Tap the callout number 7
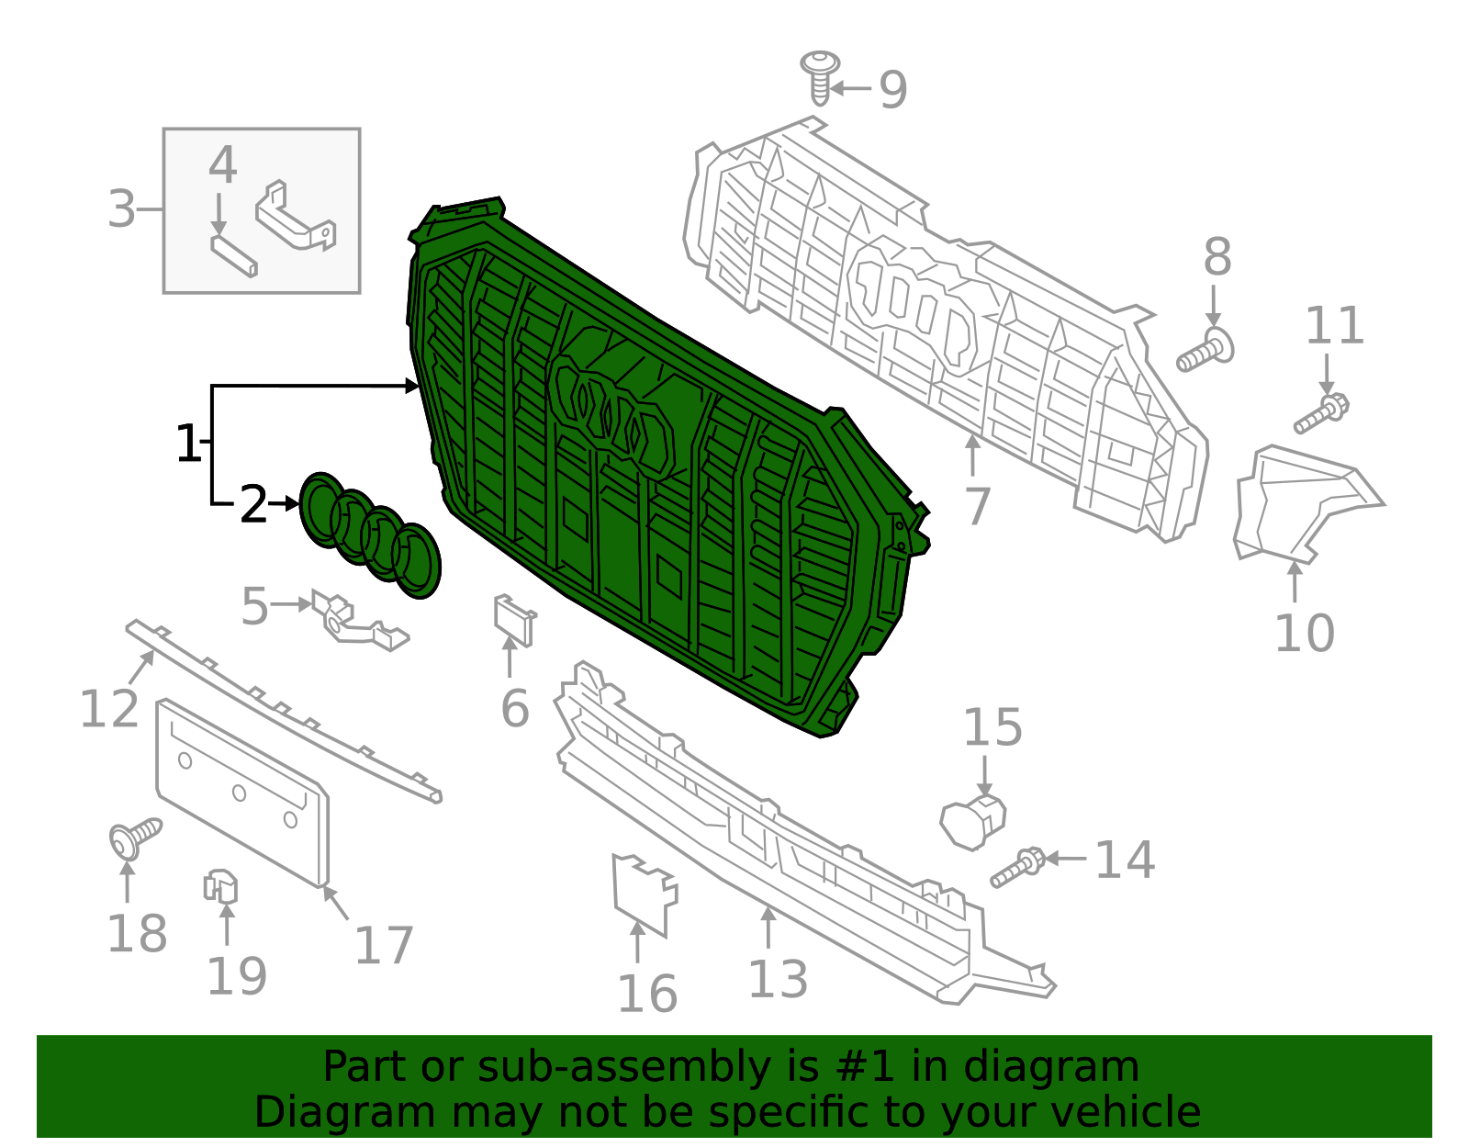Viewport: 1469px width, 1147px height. [978, 507]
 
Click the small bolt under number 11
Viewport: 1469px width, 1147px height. [1320, 414]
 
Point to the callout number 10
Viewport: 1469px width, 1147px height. [1304, 634]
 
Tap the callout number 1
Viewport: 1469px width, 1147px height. [187, 444]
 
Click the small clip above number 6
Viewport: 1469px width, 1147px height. [514, 618]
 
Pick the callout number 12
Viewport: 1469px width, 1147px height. [109, 709]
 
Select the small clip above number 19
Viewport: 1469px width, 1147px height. [220, 886]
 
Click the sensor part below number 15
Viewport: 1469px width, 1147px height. [972, 821]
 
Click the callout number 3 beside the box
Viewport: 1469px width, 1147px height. [121, 209]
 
